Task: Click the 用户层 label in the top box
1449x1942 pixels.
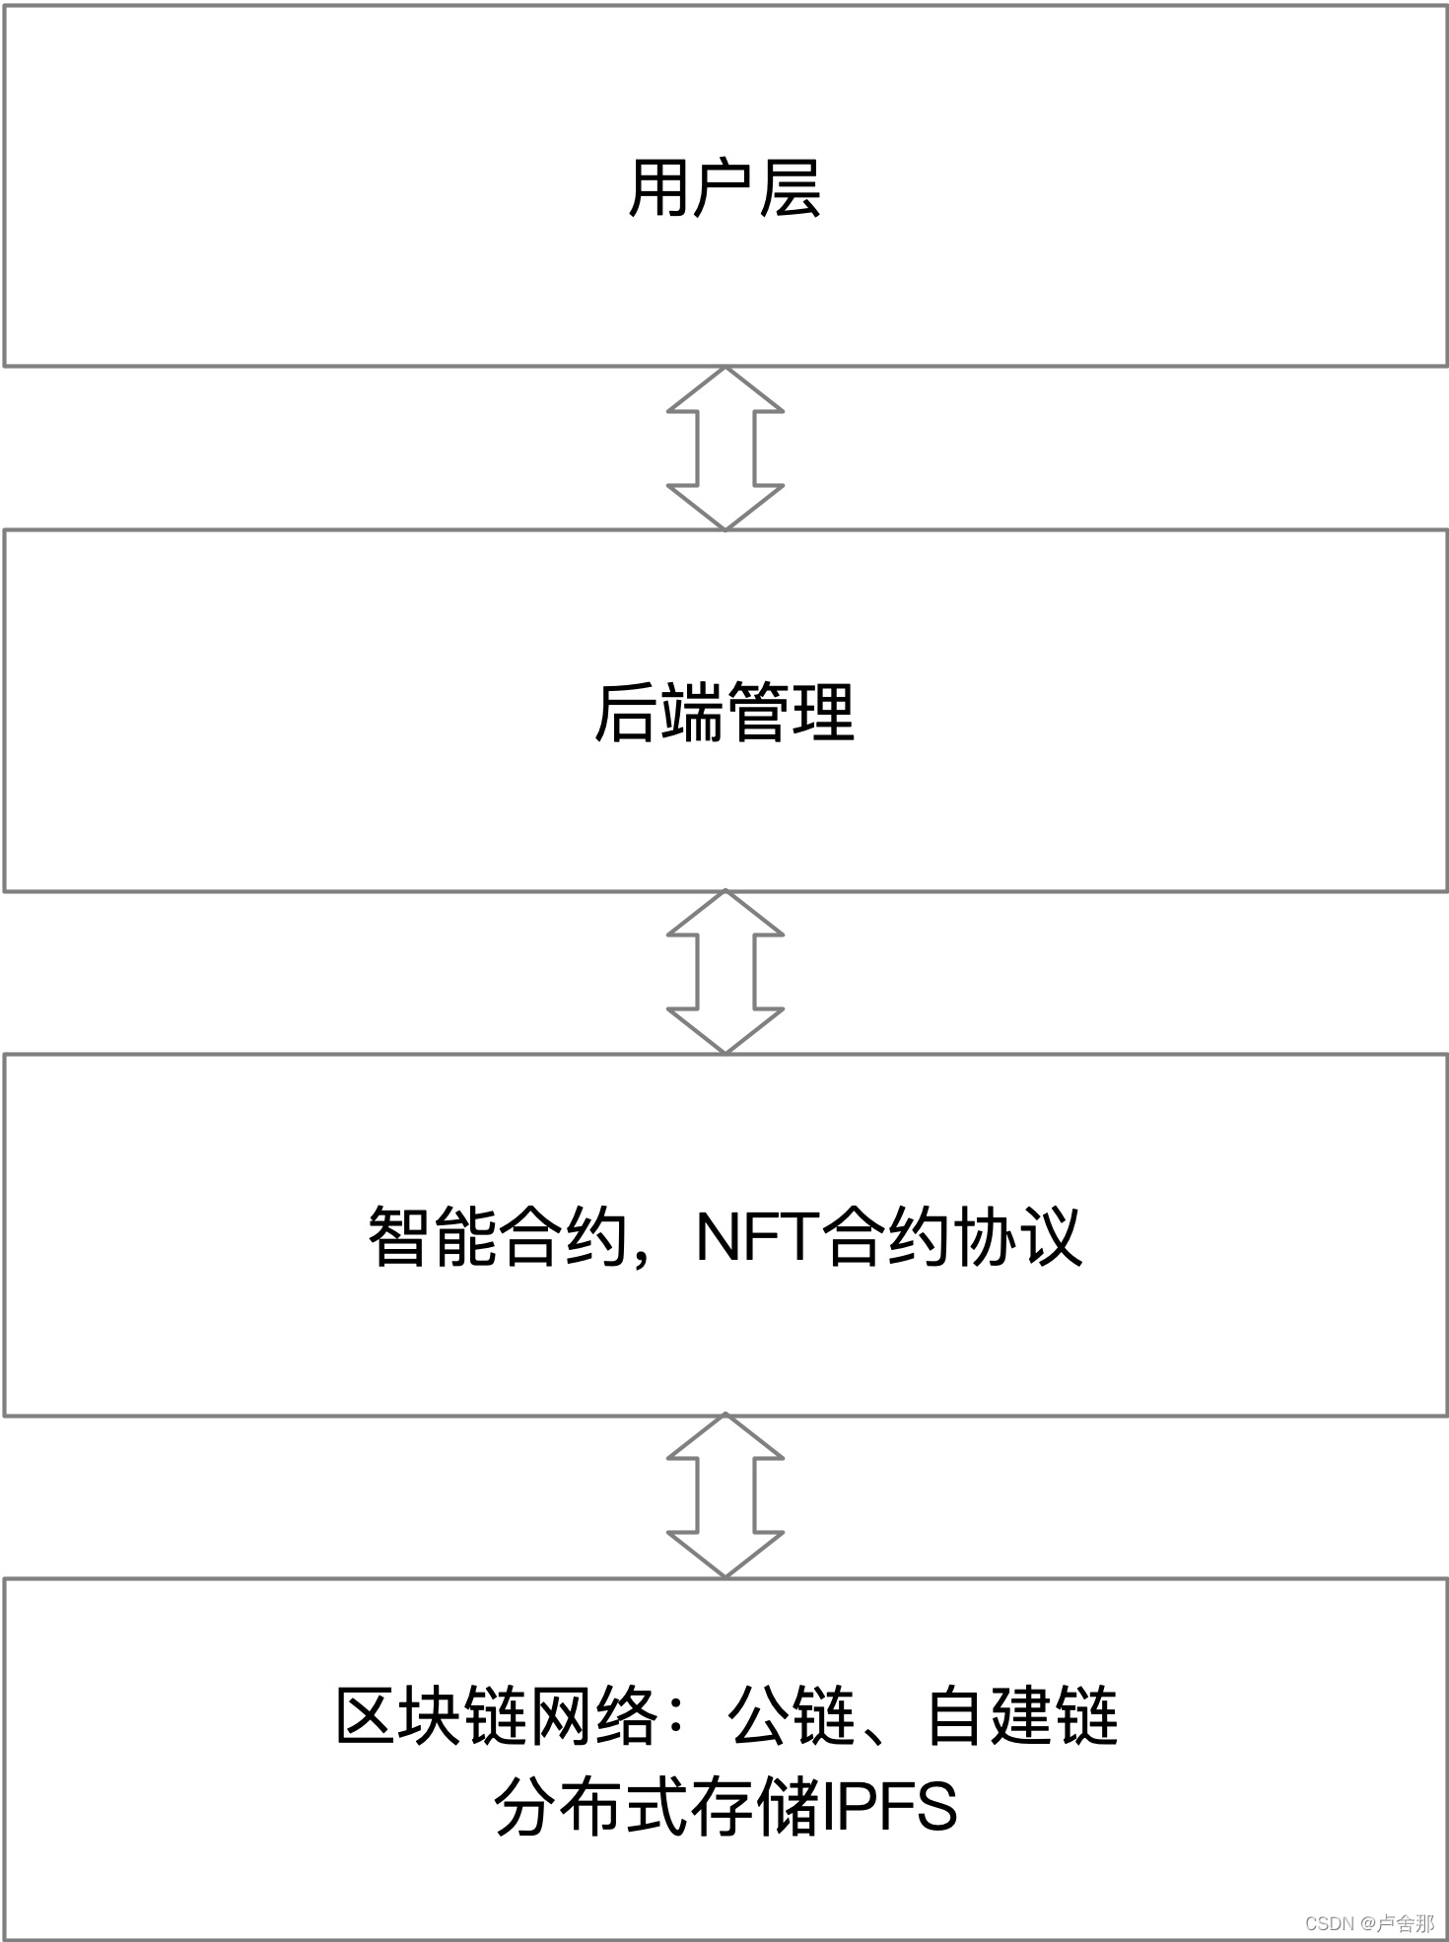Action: click(724, 187)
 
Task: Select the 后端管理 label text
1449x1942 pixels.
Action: click(724, 713)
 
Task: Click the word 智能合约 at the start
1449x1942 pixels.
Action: click(498, 1237)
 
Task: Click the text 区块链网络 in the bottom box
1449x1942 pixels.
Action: click(498, 1716)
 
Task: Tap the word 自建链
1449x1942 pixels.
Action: click(1022, 1716)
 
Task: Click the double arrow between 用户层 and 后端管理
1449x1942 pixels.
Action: click(724, 449)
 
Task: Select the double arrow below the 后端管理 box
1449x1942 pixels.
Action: click(724, 972)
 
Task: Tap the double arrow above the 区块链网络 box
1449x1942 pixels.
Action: click(724, 1495)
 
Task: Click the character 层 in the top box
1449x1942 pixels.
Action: click(791, 187)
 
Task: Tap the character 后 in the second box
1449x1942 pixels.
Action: click(626, 713)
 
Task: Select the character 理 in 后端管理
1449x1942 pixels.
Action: click(823, 713)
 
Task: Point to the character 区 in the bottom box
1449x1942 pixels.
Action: click(368, 1716)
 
